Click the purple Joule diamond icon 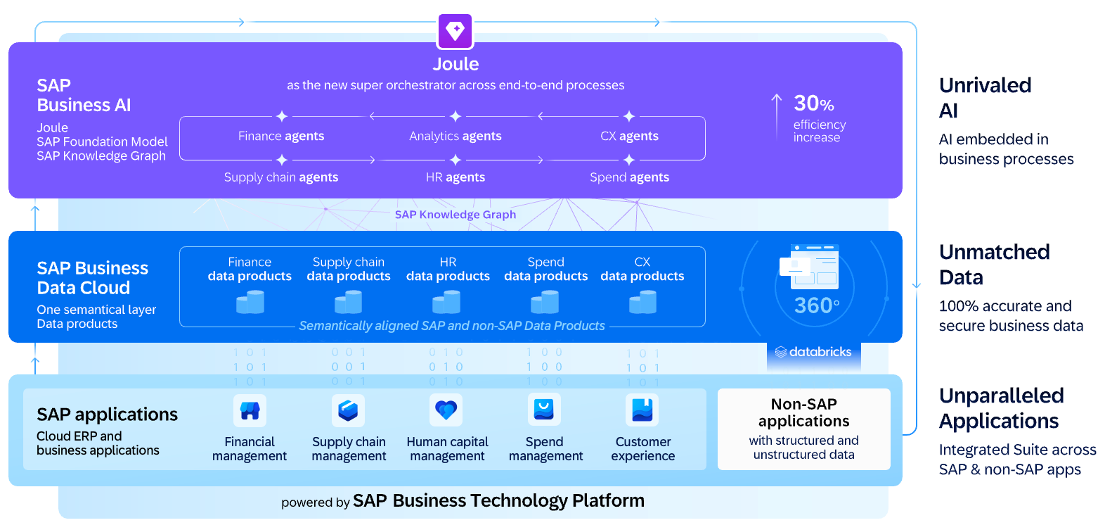pyautogui.click(x=455, y=31)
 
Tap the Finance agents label pyautogui.click(x=281, y=136)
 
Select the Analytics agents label pyautogui.click(x=455, y=136)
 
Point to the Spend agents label pyautogui.click(x=629, y=177)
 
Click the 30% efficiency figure pyautogui.click(x=814, y=103)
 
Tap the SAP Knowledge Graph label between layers pyautogui.click(x=455, y=215)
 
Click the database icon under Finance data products pyautogui.click(x=250, y=302)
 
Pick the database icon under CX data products pyautogui.click(x=642, y=302)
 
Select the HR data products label pyautogui.click(x=448, y=269)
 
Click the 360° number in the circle pyautogui.click(x=816, y=305)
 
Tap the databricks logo pyautogui.click(x=813, y=352)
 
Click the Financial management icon pyautogui.click(x=250, y=410)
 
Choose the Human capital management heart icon pyautogui.click(x=446, y=410)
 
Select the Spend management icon pyautogui.click(x=544, y=410)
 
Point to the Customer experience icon pyautogui.click(x=642, y=410)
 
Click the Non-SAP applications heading pyautogui.click(x=804, y=412)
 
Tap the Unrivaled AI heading pyautogui.click(x=985, y=98)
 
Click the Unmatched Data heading pyautogui.click(x=995, y=265)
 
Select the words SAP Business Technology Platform pyautogui.click(x=499, y=501)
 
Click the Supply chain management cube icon pyautogui.click(x=348, y=410)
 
